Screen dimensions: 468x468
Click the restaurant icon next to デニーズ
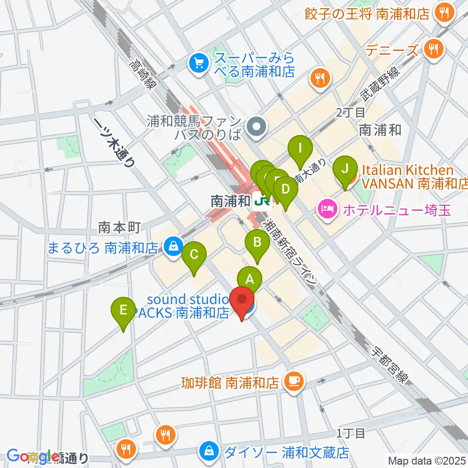pyautogui.click(x=432, y=48)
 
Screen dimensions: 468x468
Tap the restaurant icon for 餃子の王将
pyautogui.click(x=444, y=14)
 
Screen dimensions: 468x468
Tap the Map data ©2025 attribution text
pyautogui.click(x=427, y=460)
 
